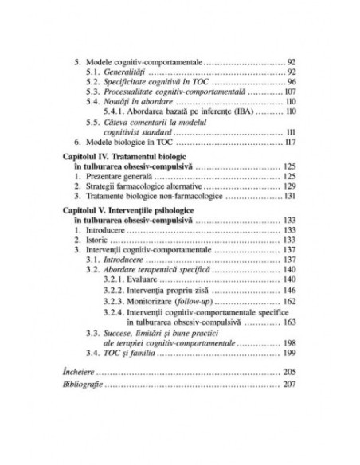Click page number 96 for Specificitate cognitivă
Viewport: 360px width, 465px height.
(x=292, y=82)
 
